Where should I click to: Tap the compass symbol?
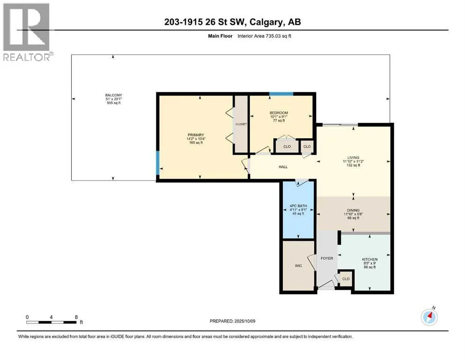(429, 317)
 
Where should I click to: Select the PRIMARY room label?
(196, 135)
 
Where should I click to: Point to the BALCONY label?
(114, 95)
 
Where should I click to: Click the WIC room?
(298, 266)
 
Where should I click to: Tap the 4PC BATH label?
(298, 206)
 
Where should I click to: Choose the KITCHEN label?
(369, 259)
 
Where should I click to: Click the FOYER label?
(327, 258)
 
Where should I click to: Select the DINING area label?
(353, 210)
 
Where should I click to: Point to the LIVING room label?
(353, 157)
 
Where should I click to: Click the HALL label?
(283, 167)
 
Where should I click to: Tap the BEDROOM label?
(279, 113)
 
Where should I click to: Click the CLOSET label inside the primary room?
(241, 124)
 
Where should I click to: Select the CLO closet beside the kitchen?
(346, 279)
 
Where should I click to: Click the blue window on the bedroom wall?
(281, 94)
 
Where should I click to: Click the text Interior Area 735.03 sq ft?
(264, 36)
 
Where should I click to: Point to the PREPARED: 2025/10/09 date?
(232, 321)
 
